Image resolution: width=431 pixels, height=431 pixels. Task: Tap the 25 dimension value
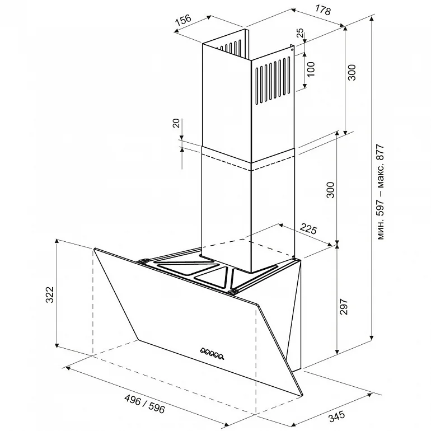300,34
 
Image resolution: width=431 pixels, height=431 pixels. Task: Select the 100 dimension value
311,69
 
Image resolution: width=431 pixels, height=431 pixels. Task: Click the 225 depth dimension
308,229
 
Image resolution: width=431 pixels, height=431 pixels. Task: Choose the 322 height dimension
50,294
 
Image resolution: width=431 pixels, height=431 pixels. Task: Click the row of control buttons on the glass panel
212,353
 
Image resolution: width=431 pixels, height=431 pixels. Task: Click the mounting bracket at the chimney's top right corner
292,48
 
